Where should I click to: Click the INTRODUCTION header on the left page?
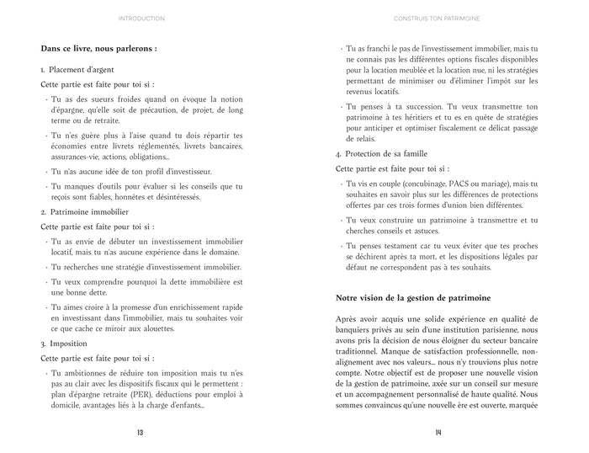(141, 17)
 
